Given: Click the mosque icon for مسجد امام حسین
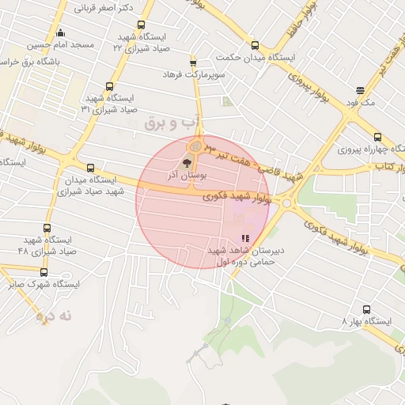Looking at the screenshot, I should click(61, 32).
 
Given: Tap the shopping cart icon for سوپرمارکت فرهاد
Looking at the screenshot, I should click(193, 62).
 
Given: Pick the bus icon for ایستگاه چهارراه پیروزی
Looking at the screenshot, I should click(377, 136).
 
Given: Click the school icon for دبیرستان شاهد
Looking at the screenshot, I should click(246, 237).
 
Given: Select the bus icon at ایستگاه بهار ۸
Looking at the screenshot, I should click(365, 309).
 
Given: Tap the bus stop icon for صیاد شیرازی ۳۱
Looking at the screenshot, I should click(110, 87).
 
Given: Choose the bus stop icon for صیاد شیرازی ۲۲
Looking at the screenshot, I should click(141, 25).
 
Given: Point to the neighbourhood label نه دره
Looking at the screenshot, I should click(55, 316).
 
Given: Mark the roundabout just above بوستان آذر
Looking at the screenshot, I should click(195, 146).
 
